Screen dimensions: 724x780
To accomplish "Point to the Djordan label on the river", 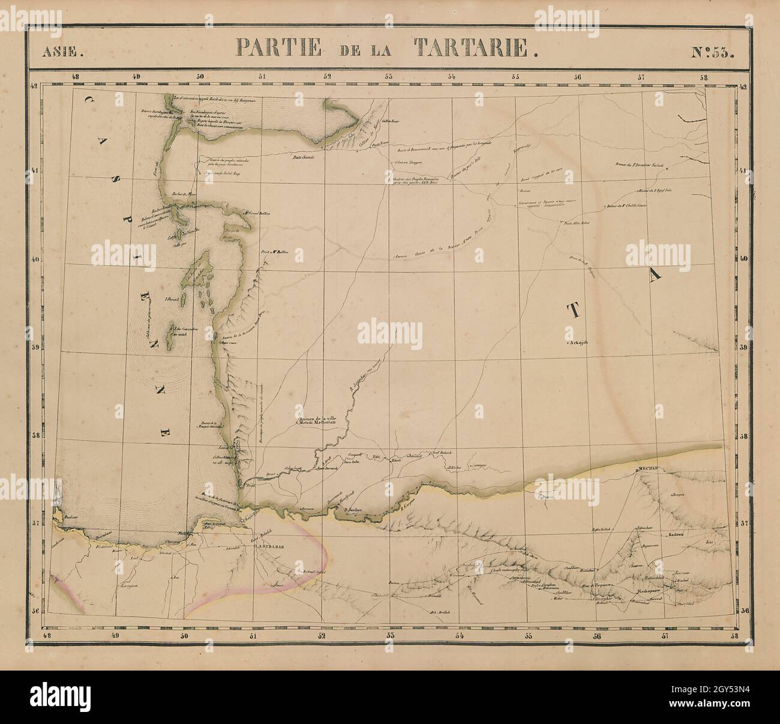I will click(355, 511).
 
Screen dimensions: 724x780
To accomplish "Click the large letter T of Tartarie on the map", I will click(574, 310).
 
